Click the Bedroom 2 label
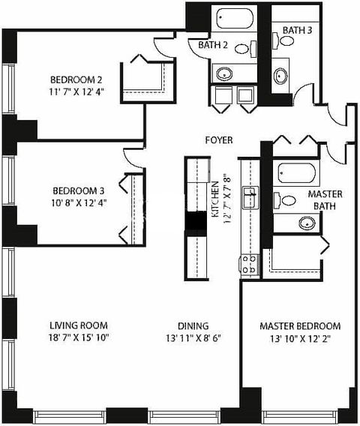click(76, 80)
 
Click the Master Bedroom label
click(300, 326)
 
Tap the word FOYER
click(219, 140)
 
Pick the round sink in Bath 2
click(225, 73)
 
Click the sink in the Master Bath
click(307, 223)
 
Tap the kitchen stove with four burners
click(248, 264)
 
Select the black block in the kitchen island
click(196, 222)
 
